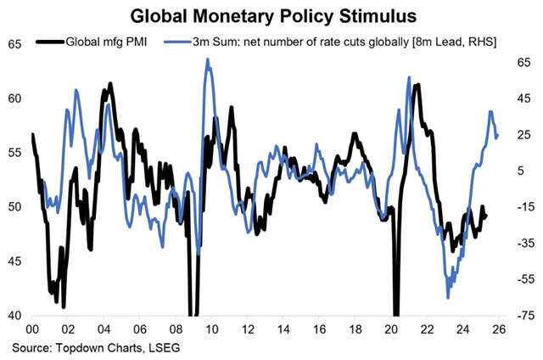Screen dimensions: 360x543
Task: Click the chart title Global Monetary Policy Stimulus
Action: click(271, 14)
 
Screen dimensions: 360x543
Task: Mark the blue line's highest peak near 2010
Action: click(208, 59)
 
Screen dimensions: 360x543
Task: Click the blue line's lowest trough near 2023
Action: click(448, 296)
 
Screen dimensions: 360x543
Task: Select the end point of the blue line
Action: click(498, 134)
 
